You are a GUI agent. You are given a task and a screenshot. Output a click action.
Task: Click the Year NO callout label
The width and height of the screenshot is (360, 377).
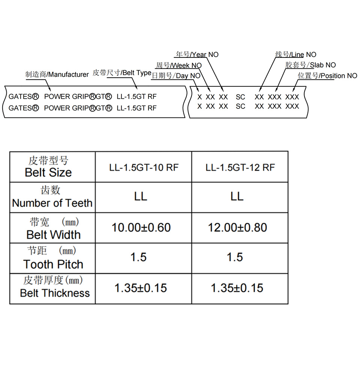[x=197, y=54]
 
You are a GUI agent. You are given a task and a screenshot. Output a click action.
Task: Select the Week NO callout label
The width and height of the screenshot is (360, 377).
[x=179, y=65]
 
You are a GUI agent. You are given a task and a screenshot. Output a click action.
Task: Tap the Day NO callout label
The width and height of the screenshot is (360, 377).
[x=176, y=75]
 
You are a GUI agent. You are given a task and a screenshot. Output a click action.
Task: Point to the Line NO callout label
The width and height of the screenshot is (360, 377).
[x=296, y=54]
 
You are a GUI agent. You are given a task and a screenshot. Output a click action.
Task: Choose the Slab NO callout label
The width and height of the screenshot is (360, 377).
[x=311, y=65]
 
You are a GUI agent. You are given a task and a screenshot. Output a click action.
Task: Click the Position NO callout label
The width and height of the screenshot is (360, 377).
[x=327, y=75]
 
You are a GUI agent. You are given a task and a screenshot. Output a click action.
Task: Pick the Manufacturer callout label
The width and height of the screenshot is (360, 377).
[x=57, y=74]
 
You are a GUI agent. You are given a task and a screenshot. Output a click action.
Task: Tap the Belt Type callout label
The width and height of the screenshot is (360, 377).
[x=122, y=73]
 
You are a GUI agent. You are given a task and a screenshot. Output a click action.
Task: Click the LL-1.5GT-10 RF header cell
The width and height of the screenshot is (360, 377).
[x=144, y=167]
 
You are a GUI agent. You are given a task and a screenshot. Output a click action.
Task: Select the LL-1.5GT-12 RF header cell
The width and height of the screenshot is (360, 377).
[x=240, y=167]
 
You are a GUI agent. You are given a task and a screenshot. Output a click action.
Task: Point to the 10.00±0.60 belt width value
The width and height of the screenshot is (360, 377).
[x=141, y=227]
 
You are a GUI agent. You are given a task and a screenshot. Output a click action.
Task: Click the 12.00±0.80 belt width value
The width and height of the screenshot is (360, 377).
[x=237, y=227]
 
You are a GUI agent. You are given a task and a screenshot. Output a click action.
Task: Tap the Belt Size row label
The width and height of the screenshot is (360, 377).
[x=48, y=167]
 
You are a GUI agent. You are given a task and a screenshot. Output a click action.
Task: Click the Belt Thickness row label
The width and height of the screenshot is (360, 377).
[x=54, y=287]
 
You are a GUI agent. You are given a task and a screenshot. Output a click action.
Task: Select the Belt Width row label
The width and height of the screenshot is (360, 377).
[x=53, y=228]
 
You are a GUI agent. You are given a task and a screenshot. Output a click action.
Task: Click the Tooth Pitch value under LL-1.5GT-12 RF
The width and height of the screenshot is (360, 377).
[x=235, y=257]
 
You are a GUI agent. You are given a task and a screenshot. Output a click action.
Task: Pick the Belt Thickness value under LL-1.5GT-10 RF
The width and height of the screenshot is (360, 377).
[x=141, y=288]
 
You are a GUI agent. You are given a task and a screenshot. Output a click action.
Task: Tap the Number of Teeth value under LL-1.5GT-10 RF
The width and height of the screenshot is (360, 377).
[x=141, y=197]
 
